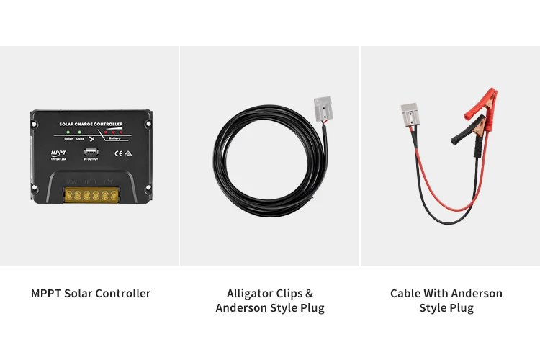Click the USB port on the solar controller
[91, 152]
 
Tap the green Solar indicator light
[68, 132]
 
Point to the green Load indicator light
[80, 132]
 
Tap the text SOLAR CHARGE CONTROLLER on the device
[90, 124]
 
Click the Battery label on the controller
[116, 138]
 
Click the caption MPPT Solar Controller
[91, 293]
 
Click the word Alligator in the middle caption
[250, 293]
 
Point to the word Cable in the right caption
[405, 293]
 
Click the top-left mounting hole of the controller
[35, 116]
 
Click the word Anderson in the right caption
[477, 293]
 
